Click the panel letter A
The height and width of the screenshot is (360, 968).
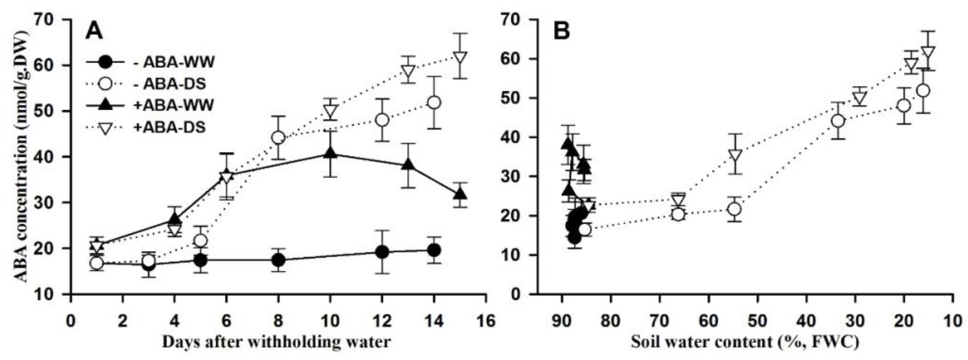(94, 31)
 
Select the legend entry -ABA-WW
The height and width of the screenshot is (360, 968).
(174, 62)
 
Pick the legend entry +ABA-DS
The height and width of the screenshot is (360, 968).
(169, 127)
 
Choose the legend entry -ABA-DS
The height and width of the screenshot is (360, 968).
(169, 84)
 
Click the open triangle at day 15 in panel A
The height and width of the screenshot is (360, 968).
(460, 58)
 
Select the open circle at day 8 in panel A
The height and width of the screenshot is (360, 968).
(278, 137)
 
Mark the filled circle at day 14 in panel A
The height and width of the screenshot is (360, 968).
(434, 250)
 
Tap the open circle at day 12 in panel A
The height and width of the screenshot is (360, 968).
(382, 120)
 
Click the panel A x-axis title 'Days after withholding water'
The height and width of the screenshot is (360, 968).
(276, 342)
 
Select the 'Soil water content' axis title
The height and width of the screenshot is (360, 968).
(744, 342)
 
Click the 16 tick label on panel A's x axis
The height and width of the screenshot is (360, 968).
(486, 322)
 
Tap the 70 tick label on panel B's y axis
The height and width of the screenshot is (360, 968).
(516, 20)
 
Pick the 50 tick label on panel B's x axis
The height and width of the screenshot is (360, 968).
(758, 322)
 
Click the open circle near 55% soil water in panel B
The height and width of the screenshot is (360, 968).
(734, 209)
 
